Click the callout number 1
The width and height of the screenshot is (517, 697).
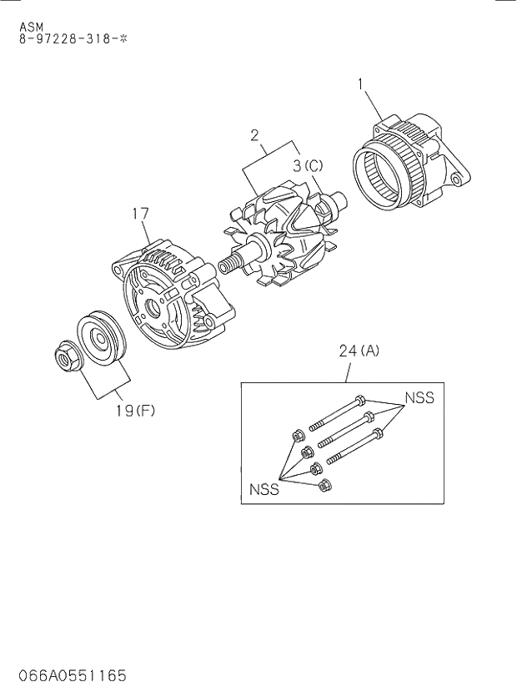(x=361, y=83)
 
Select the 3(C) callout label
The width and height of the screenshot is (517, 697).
(x=308, y=165)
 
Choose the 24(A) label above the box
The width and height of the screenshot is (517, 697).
(x=359, y=351)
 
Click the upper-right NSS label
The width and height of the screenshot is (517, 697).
(x=419, y=397)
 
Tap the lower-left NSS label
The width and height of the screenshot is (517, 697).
(x=264, y=490)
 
